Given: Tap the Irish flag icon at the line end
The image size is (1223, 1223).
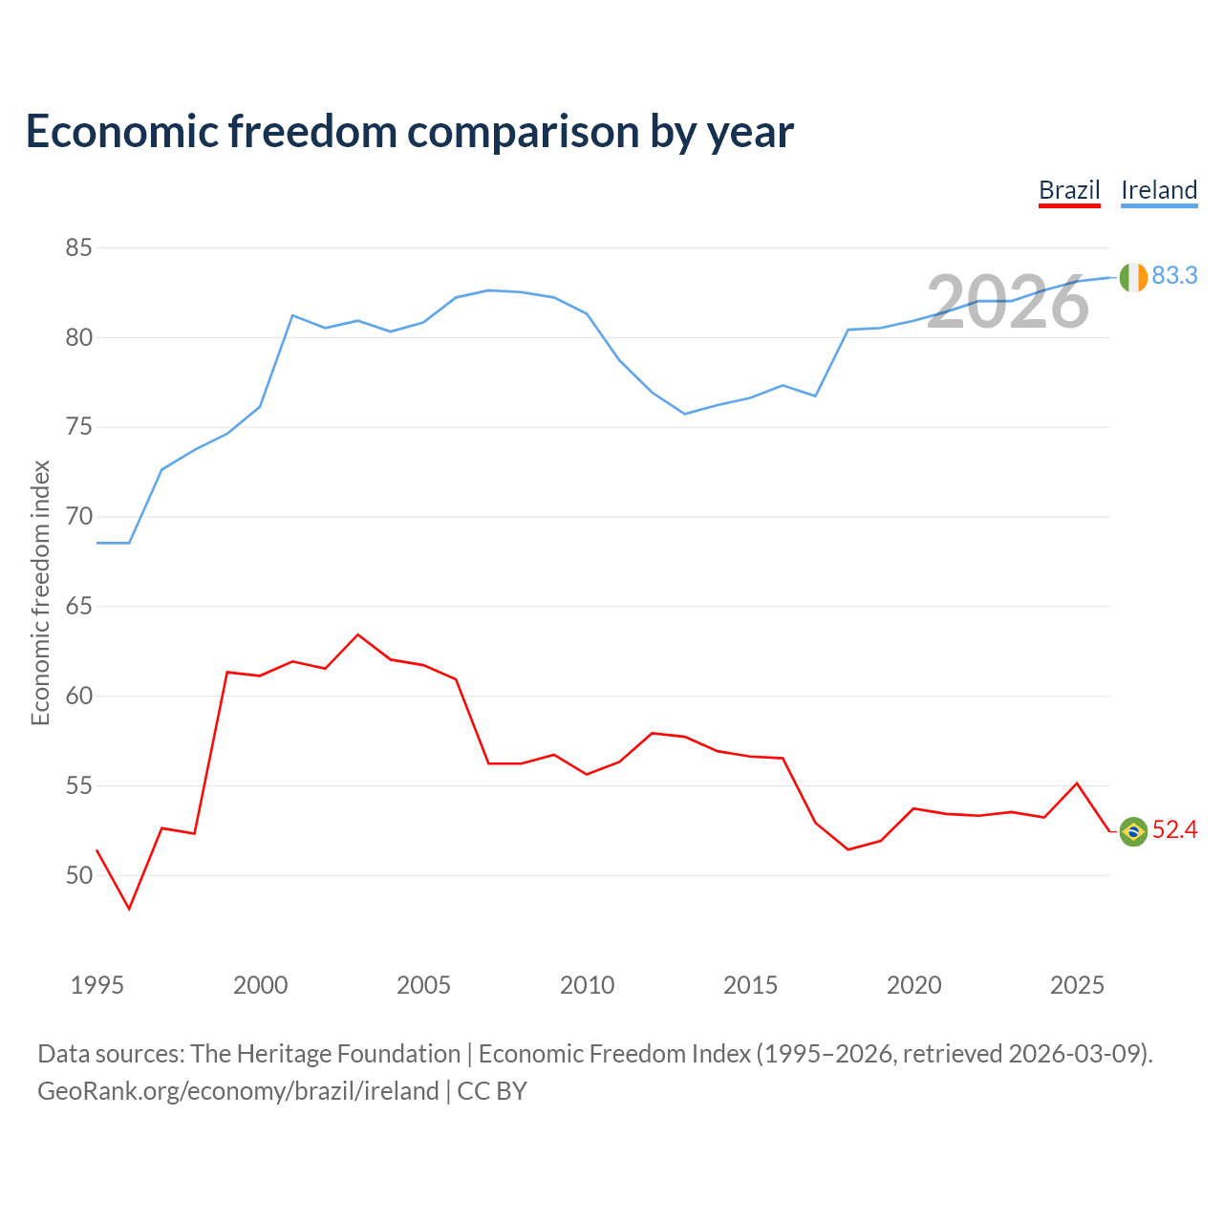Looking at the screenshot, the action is tap(1133, 277).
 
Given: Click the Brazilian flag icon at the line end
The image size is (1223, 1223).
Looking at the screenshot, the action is tap(1133, 831).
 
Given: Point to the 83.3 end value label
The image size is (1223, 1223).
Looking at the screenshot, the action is tap(1174, 275).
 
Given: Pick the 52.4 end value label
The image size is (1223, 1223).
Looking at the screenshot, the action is tap(1174, 829).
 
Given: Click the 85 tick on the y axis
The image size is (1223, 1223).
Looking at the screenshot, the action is tap(78, 247).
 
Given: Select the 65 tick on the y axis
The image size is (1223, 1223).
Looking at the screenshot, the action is tap(78, 606).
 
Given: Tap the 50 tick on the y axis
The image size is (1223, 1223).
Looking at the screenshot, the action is tap(78, 875).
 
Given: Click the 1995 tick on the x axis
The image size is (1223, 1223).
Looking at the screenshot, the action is tap(97, 985).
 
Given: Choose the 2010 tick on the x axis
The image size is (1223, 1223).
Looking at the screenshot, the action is tap(587, 985).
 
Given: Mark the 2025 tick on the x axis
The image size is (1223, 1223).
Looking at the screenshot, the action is tap(1077, 985).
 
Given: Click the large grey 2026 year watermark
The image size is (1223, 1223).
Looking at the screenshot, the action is tap(1008, 302).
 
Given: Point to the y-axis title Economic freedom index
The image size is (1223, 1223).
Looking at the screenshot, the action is tap(40, 592).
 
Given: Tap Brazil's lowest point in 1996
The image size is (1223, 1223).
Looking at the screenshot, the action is tap(130, 909).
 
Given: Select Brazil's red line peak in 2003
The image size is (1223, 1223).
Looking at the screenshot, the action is tap(358, 634).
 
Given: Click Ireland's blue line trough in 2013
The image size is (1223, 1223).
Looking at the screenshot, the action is tap(685, 414).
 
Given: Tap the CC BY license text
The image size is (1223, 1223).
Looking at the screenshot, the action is tap(492, 1091).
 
